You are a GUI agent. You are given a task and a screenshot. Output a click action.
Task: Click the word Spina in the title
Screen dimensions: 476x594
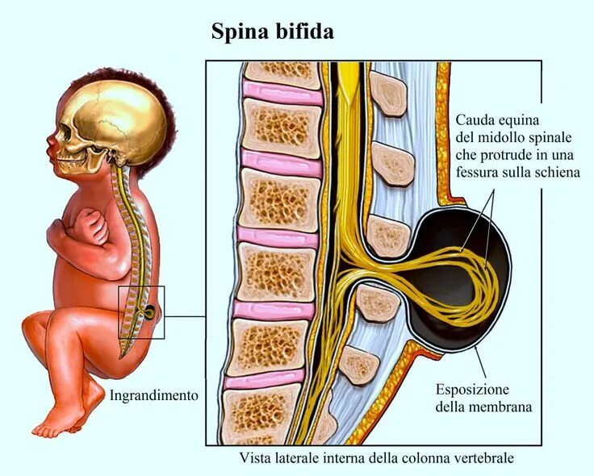(238, 31)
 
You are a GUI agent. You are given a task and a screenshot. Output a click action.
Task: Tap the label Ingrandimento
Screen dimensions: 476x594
(153, 395)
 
